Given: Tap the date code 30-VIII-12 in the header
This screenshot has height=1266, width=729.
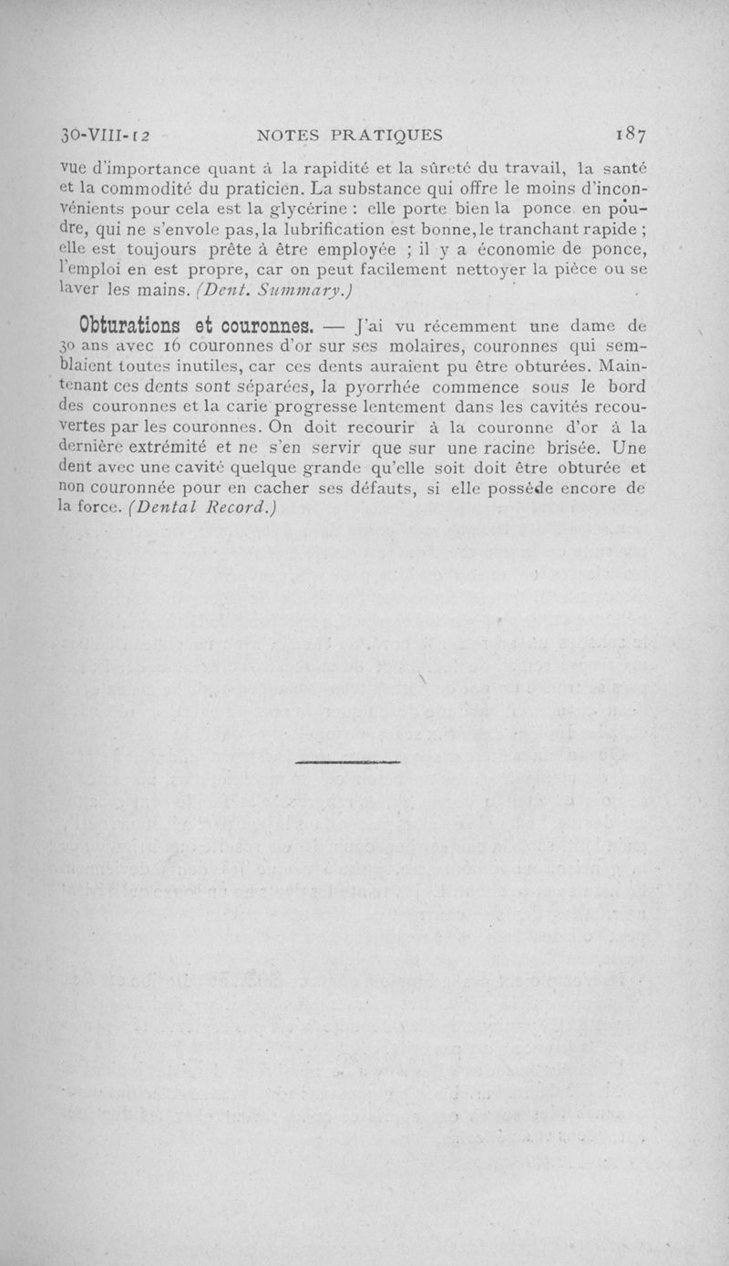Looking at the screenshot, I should [x=100, y=137].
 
